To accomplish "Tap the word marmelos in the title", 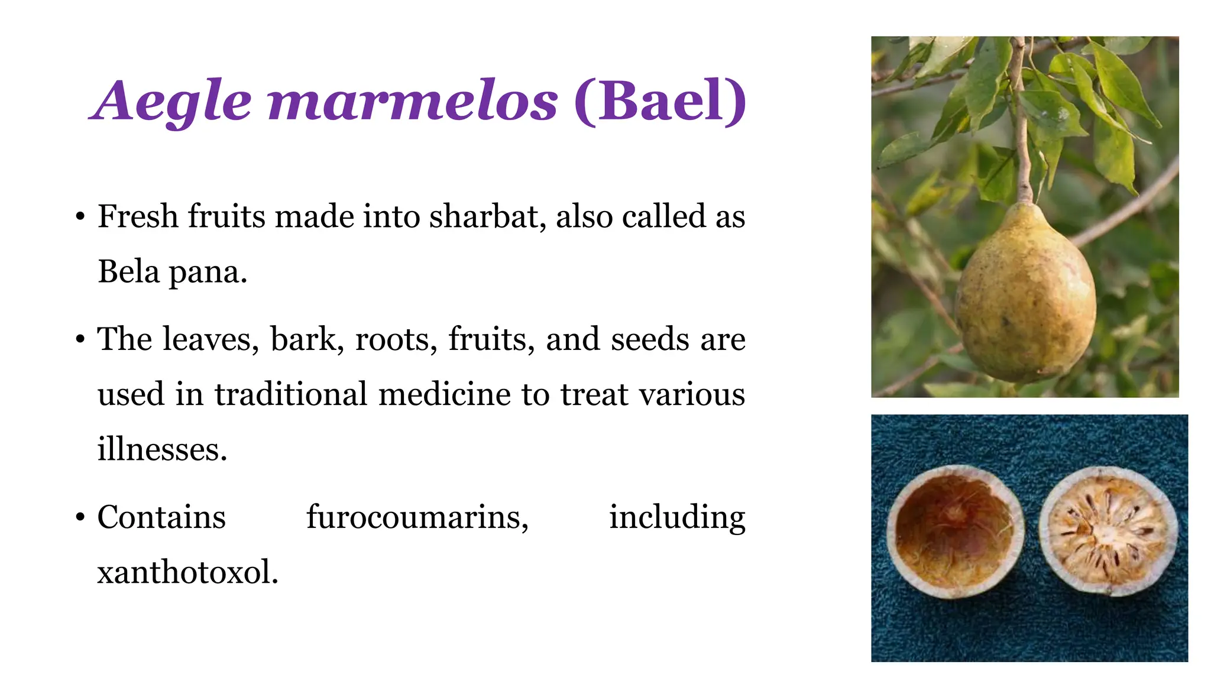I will pos(413,102).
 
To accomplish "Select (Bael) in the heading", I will pos(660,102).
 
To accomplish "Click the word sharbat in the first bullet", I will pos(487,216).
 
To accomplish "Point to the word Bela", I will pos(128,272).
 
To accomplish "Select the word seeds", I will pos(650,339).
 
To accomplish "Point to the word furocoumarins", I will pos(417,518).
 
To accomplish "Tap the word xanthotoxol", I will pos(187,572).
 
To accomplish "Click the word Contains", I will pos(161,517).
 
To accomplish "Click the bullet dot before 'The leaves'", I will pos(80,340).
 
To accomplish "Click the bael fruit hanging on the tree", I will pos(1025,296).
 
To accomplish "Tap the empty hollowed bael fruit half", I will pos(954,531).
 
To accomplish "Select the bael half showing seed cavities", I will pos(1108,530).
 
